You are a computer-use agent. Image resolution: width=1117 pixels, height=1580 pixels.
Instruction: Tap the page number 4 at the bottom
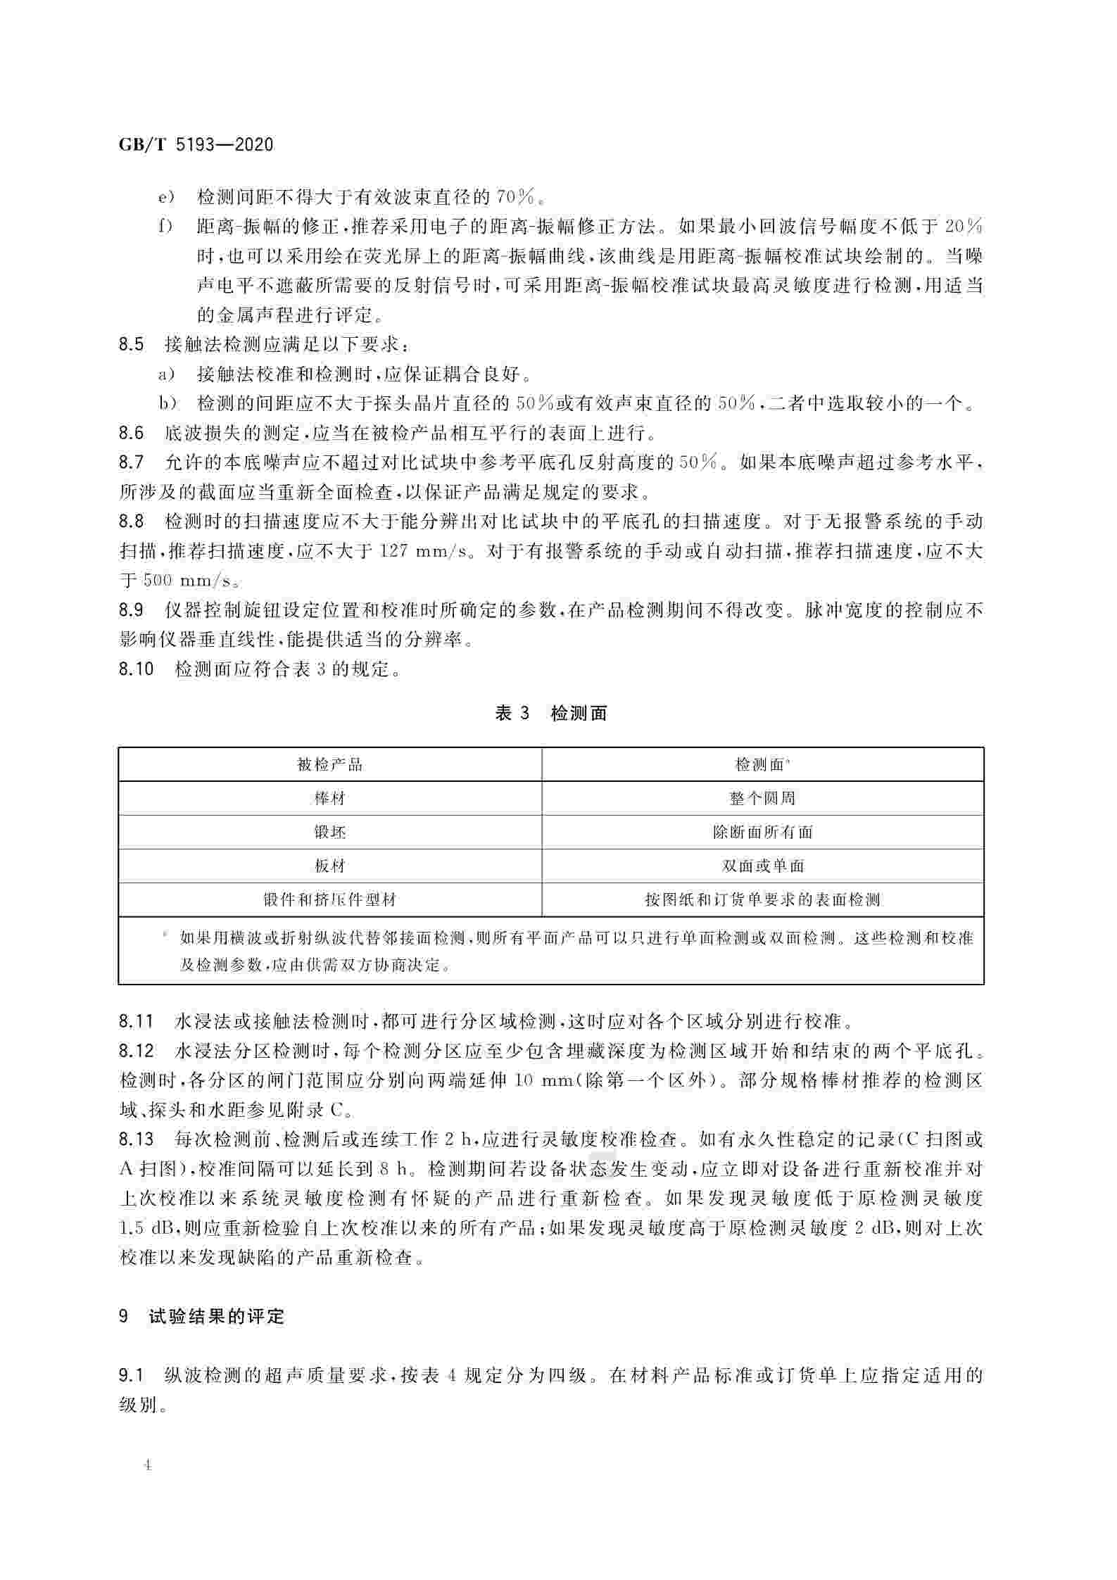[x=147, y=1466]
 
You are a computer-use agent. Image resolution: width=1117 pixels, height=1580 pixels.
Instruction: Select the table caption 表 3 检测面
[x=550, y=714]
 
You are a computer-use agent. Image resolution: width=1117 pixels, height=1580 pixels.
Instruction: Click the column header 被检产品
[x=330, y=764]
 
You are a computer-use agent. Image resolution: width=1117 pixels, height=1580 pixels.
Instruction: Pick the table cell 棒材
[x=330, y=799]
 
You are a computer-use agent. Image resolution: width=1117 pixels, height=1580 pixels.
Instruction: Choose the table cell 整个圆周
[x=762, y=799]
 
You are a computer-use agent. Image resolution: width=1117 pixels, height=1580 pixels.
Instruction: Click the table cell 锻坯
[x=330, y=833]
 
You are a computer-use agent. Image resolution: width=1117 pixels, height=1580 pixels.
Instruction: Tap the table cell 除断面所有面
[x=762, y=833]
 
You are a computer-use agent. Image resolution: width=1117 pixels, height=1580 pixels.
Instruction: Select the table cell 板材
[x=330, y=866]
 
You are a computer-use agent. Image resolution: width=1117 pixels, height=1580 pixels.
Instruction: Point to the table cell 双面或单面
[x=762, y=866]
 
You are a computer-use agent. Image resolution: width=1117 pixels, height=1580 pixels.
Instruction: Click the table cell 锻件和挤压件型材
[x=330, y=900]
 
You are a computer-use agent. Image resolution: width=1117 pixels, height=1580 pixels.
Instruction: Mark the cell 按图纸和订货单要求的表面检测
[x=762, y=900]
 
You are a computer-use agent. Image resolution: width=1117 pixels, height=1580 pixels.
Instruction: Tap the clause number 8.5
[x=132, y=344]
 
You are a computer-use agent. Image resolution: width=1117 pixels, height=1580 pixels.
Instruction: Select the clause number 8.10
[x=137, y=669]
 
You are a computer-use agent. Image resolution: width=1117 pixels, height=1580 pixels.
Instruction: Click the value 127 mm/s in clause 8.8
[x=424, y=551]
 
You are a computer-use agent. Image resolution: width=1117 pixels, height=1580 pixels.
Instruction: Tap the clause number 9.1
[x=132, y=1375]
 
